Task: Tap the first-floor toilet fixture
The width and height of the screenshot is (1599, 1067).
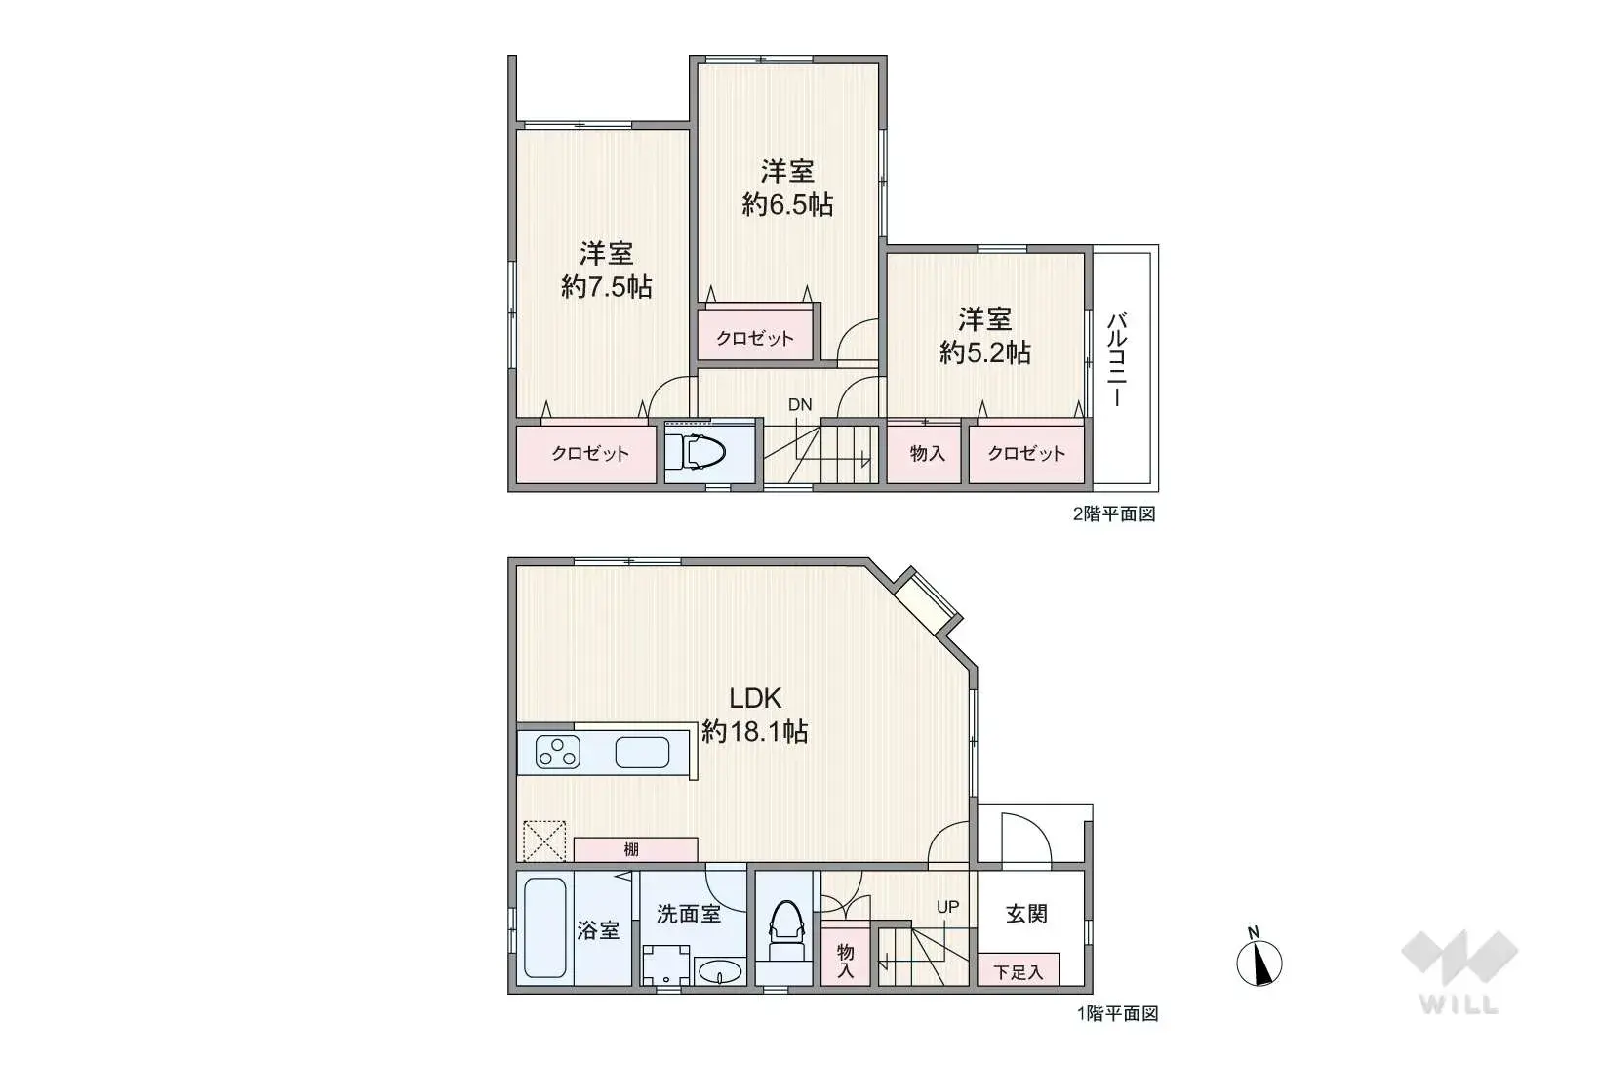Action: pos(786,932)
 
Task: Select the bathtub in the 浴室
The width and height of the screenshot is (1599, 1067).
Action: pos(544,928)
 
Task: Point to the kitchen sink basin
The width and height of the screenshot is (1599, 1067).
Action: pos(642,753)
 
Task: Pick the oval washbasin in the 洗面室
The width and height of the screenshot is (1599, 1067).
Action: pos(720,972)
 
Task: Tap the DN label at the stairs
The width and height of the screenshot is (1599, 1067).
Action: pos(800,405)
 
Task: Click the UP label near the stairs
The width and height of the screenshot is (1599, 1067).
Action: pos(947,907)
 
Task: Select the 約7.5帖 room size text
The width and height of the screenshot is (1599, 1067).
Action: pos(607,287)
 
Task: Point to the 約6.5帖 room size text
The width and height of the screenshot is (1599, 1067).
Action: pos(787,205)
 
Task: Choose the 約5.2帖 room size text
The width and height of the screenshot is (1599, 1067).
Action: pos(984,352)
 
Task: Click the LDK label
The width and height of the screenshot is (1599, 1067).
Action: pos(755,698)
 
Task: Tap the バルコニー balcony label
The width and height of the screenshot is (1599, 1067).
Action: pos(1118,360)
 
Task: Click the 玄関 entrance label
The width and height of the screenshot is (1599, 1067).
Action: pos(1026,914)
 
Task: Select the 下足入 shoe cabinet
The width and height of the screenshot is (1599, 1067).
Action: pos(1019,972)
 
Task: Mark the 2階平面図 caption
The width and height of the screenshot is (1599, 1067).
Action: pos(1114,513)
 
